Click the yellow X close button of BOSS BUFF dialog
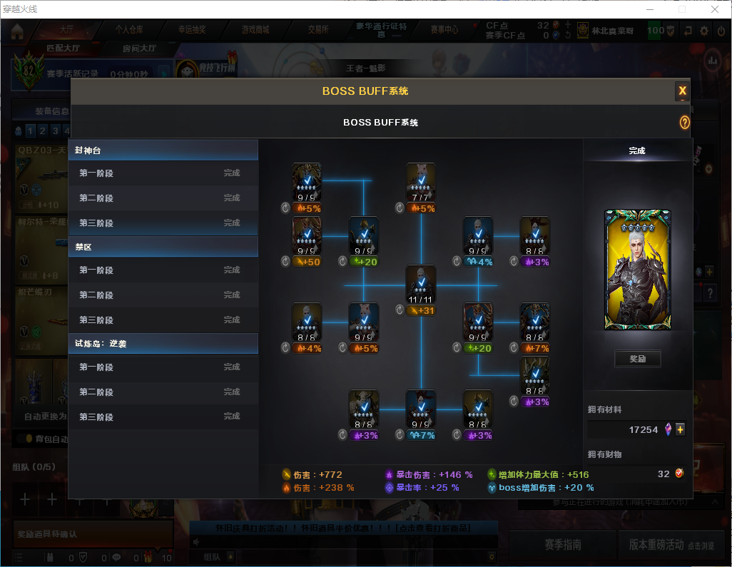pyautogui.click(x=682, y=91)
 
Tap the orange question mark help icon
pyautogui.click(x=684, y=123)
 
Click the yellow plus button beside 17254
pyautogui.click(x=680, y=429)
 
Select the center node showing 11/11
pyautogui.click(x=420, y=283)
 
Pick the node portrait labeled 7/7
pyautogui.click(x=420, y=181)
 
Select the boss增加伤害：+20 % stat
pyautogui.click(x=545, y=488)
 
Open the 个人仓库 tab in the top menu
pyautogui.click(x=129, y=30)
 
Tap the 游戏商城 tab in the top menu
pyautogui.click(x=255, y=30)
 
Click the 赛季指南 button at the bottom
pyautogui.click(x=562, y=545)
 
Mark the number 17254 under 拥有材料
pyautogui.click(x=643, y=430)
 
